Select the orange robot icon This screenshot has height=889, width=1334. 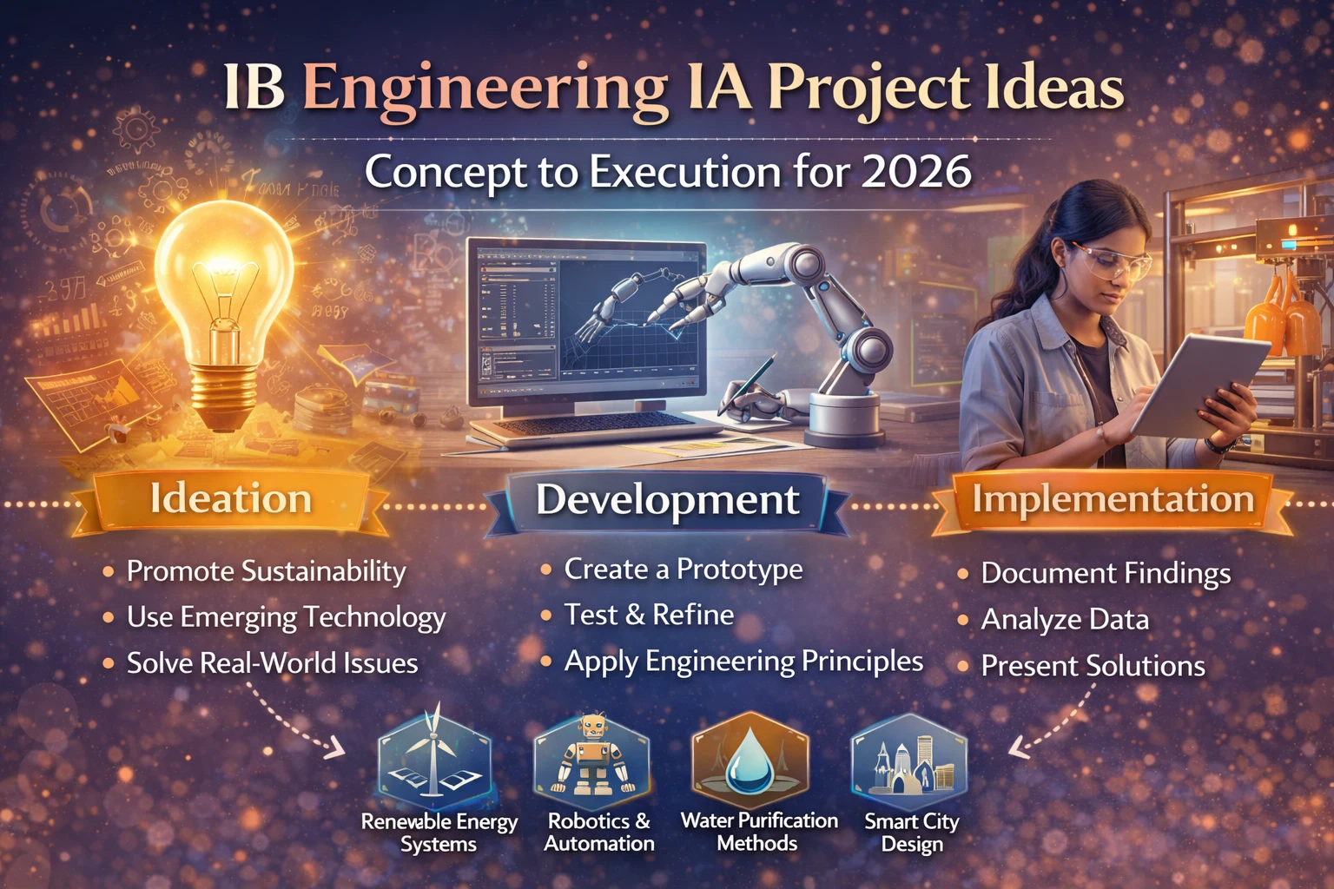(x=592, y=755)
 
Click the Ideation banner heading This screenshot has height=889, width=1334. (x=231, y=499)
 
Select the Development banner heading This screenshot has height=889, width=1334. (x=667, y=500)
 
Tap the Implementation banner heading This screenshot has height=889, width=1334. (x=1113, y=500)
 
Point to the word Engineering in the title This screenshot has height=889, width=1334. (x=485, y=89)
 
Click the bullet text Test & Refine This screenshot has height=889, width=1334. (x=649, y=615)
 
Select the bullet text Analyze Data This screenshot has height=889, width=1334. (x=1065, y=620)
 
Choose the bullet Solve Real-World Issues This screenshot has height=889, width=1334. (x=272, y=663)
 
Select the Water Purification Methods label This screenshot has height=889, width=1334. (x=758, y=832)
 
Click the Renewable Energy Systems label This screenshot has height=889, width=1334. (x=439, y=833)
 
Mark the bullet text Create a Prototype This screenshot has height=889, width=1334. (x=683, y=570)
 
